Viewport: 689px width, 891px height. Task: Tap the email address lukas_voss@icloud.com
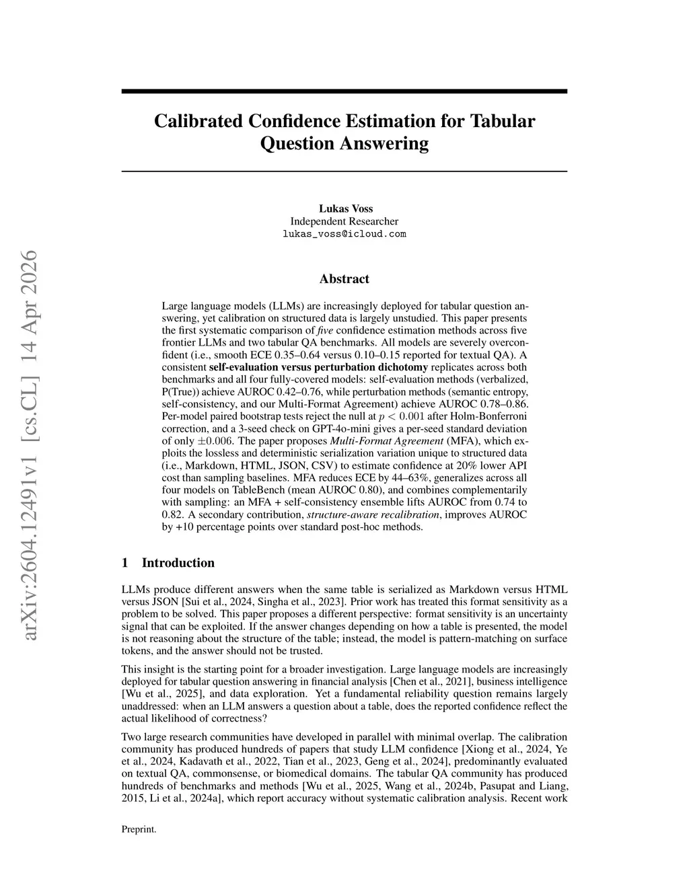tap(344, 234)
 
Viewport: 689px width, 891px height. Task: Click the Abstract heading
tap(344, 279)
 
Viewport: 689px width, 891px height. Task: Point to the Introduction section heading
tap(178, 563)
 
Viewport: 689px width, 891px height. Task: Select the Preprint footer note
tap(139, 829)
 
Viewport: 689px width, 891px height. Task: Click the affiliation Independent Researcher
tap(344, 221)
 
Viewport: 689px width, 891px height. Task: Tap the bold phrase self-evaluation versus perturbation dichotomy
tap(319, 367)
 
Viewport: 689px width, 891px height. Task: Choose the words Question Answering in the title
tap(344, 143)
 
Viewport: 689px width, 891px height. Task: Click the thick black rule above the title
tap(344, 91)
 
